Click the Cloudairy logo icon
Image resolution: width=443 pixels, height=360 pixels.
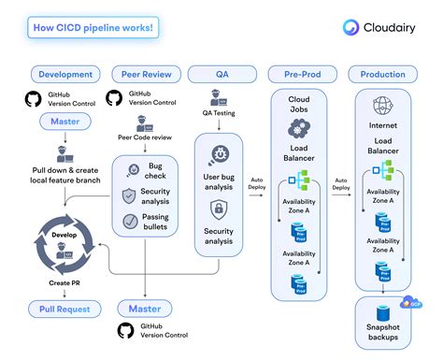pos(352,27)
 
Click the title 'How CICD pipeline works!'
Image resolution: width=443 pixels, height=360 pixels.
pos(95,27)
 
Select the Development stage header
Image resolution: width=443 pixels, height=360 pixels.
pos(66,74)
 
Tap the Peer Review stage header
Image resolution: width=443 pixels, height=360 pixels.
pos(145,74)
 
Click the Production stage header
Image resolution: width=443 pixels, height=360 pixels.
pos(382,74)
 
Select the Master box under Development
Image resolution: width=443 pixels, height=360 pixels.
pos(64,121)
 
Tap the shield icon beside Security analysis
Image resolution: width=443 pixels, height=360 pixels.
pos(131,196)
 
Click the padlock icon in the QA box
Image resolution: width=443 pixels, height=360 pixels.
pos(218,209)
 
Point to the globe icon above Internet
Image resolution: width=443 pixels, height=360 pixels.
pos(381,105)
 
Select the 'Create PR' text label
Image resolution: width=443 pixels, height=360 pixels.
pos(64,282)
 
